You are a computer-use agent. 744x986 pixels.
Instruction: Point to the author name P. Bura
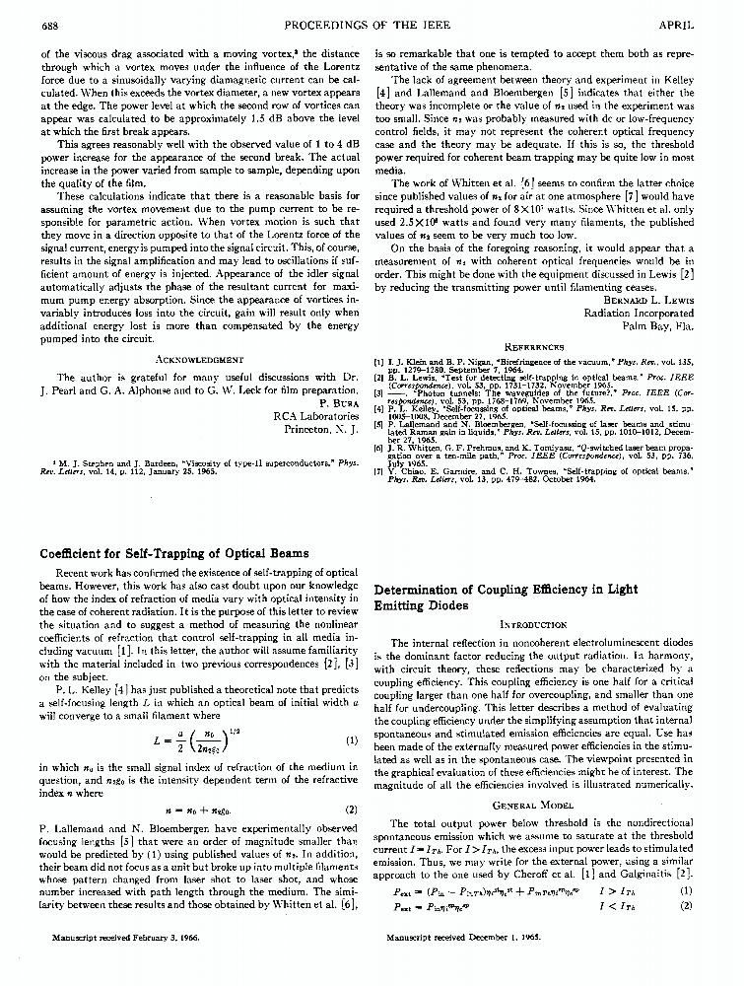(x=336, y=402)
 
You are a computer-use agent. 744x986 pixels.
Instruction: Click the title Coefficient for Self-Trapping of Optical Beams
(x=173, y=553)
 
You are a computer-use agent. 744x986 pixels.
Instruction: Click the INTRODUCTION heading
(x=533, y=624)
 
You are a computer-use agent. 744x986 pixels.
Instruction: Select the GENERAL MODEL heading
(x=533, y=806)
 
